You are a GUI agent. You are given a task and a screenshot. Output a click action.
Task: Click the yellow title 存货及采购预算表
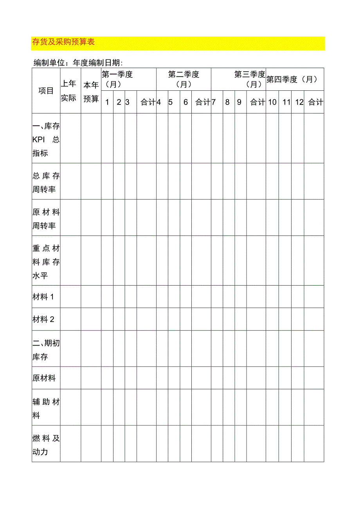[x=63, y=42]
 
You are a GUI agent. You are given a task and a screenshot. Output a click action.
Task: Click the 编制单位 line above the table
[x=78, y=63]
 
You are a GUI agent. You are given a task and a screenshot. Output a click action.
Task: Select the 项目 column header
[x=46, y=91]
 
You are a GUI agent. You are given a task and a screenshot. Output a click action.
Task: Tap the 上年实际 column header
[x=68, y=91]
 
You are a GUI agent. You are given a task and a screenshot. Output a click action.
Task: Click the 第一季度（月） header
[x=117, y=79]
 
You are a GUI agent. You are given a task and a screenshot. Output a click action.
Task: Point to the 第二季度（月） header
[x=184, y=79]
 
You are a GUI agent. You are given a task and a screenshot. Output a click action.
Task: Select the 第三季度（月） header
[x=250, y=79]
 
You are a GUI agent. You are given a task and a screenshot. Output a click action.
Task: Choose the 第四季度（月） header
[x=292, y=79]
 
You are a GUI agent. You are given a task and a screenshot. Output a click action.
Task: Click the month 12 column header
[x=299, y=102]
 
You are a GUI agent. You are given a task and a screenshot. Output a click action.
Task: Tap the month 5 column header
[x=171, y=102]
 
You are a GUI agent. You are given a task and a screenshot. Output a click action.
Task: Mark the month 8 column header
[x=227, y=102]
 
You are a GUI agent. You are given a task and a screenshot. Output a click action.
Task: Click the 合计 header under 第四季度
[x=315, y=102]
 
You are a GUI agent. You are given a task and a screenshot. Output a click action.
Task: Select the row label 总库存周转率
[x=46, y=183]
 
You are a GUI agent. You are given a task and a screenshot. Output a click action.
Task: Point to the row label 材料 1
[x=43, y=297]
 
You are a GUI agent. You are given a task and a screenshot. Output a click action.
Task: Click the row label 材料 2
[x=43, y=319]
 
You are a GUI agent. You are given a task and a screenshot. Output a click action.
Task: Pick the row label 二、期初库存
[x=46, y=350]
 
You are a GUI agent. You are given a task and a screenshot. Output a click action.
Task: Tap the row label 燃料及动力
[x=46, y=445]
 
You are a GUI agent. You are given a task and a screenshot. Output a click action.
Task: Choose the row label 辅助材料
[x=46, y=408]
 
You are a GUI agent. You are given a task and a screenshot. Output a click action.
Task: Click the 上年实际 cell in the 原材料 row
[x=70, y=378]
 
